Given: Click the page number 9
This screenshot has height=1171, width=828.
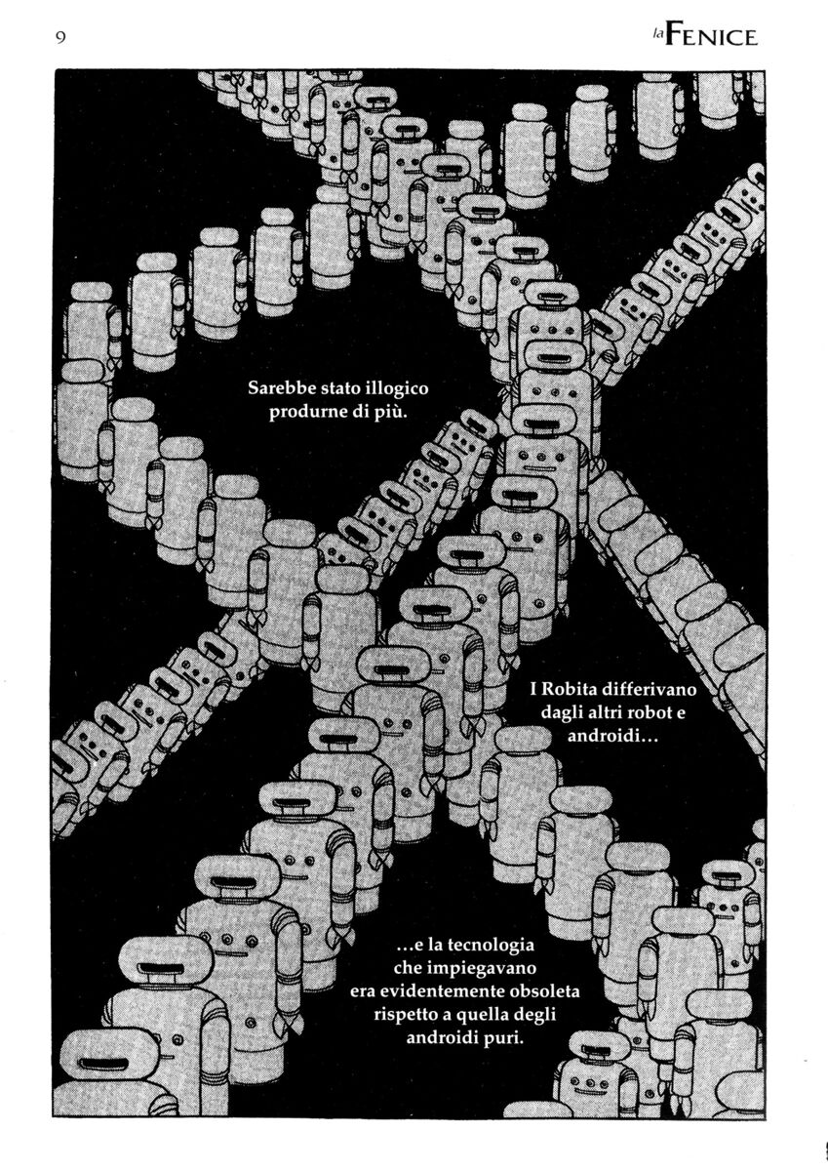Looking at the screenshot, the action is pyautogui.click(x=60, y=38).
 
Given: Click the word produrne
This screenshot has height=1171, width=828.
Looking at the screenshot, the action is pyautogui.click(x=304, y=413).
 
